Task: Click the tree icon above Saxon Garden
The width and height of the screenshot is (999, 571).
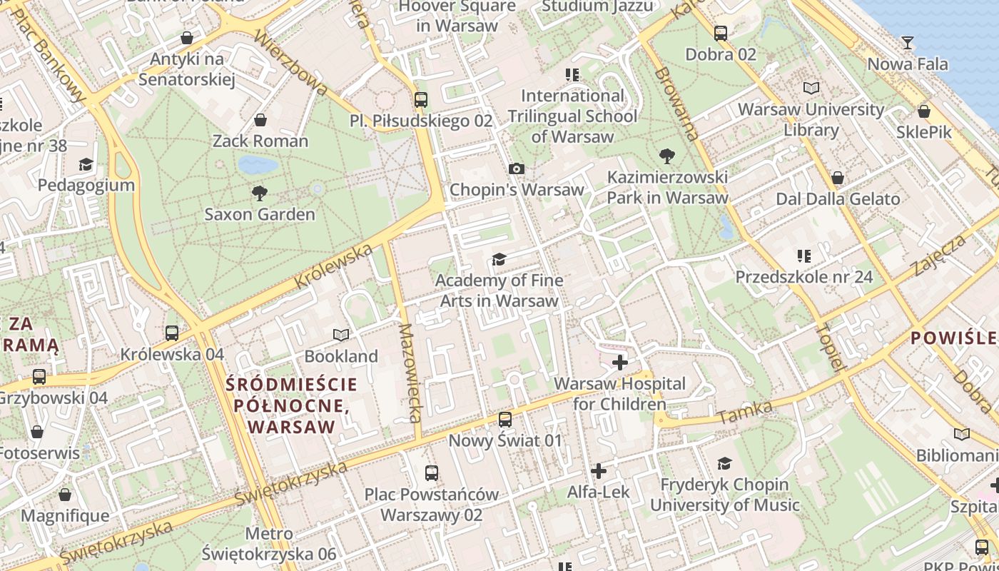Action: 259,192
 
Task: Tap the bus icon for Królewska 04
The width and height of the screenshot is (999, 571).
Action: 171,333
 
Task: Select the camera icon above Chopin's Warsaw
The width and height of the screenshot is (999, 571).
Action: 517,168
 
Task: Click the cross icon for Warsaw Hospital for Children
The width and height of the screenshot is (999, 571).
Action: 620,363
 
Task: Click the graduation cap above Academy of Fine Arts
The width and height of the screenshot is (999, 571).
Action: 499,258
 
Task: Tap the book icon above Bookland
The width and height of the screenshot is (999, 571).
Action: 341,335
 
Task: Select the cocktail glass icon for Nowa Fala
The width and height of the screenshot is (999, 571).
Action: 907,43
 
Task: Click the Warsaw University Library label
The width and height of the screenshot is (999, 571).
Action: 811,120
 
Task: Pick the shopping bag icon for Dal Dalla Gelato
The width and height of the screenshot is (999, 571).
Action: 838,177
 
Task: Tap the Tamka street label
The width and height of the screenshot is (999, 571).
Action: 745,412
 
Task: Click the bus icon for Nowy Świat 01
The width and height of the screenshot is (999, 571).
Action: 505,419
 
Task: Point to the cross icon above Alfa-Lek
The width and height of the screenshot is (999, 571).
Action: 598,471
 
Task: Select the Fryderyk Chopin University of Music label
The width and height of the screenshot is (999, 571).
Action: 724,495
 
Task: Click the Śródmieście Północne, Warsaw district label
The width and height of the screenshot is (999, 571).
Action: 291,405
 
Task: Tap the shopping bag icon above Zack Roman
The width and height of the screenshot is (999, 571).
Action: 260,119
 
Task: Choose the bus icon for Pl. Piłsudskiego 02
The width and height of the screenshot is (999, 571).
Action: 421,99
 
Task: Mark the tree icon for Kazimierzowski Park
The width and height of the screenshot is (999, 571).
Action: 667,155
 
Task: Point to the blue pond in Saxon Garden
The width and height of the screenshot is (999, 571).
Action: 258,165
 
